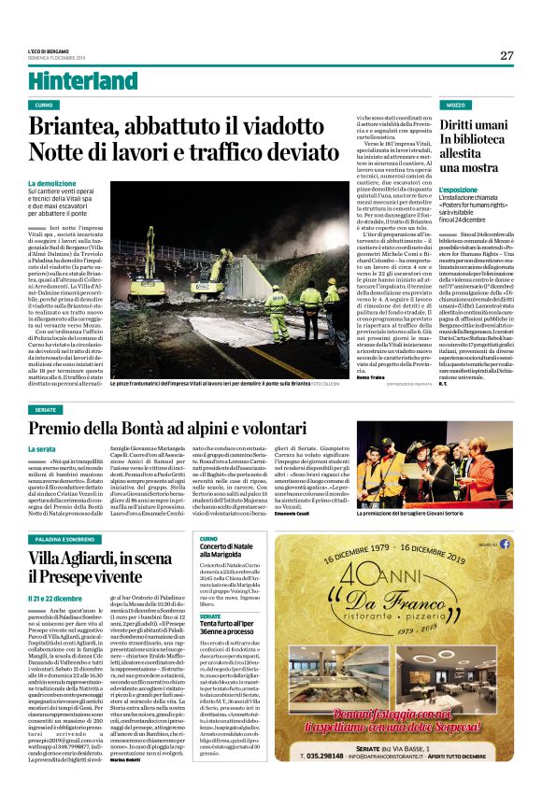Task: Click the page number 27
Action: point(506,56)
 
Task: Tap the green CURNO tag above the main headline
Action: point(44,106)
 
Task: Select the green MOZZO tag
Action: point(455,106)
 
